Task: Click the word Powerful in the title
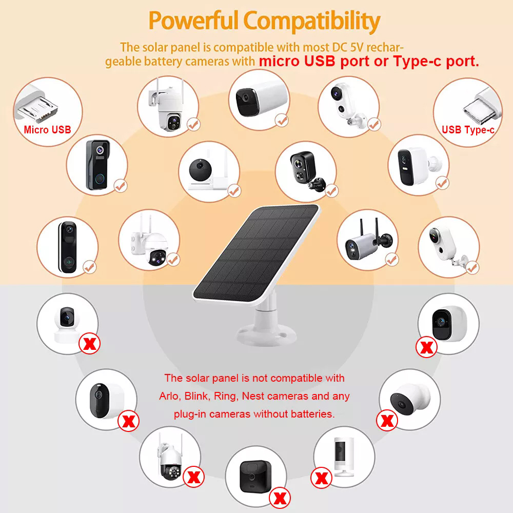click(x=193, y=21)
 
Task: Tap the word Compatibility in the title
click(x=312, y=22)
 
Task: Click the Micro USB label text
click(x=47, y=130)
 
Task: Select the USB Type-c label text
click(x=468, y=130)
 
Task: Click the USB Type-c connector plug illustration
click(x=482, y=106)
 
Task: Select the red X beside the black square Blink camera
click(x=280, y=498)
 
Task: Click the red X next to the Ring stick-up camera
click(x=321, y=478)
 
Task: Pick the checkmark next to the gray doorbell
click(x=121, y=186)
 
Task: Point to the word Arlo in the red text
click(x=168, y=396)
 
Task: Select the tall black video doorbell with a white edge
click(x=68, y=247)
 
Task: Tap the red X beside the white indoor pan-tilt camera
click(x=90, y=344)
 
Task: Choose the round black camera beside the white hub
click(x=200, y=170)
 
